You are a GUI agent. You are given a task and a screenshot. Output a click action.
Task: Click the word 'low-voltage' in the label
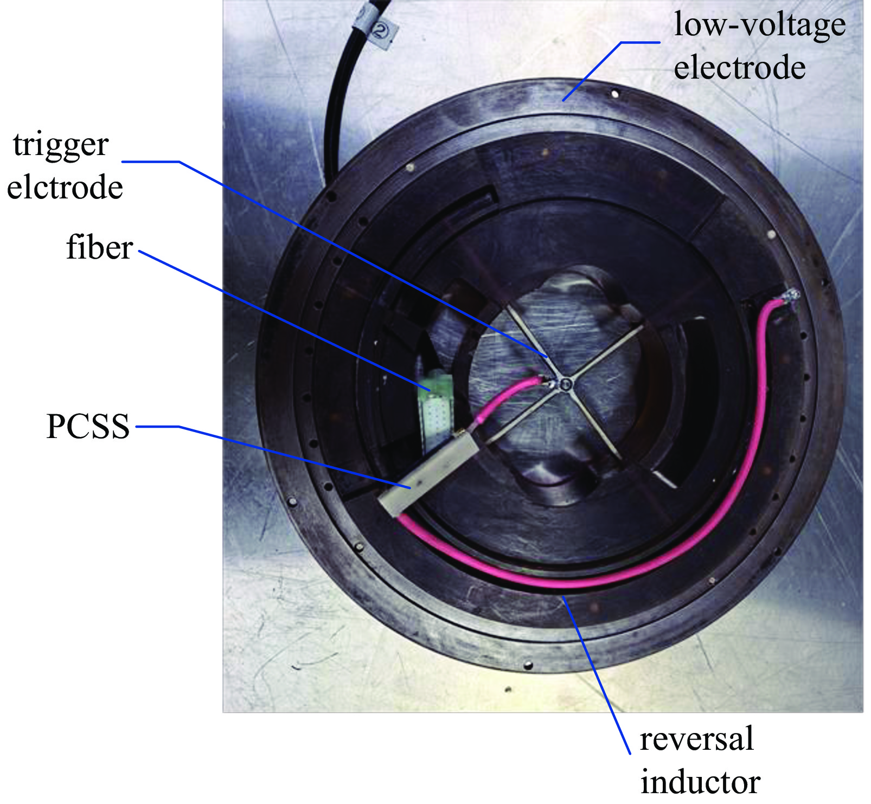tap(759, 25)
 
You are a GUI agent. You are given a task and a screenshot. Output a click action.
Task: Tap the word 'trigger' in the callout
tap(61, 145)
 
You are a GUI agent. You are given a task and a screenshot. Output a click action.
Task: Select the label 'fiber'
tap(99, 248)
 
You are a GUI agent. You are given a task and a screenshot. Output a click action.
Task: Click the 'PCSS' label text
tap(88, 426)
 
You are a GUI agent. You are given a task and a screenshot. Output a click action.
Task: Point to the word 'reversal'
tap(696, 739)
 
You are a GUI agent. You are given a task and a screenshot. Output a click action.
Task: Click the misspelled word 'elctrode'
tap(65, 188)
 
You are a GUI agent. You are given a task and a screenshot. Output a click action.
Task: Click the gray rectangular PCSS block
tap(428, 477)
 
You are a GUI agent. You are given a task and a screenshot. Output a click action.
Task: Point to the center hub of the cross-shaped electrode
tap(566, 384)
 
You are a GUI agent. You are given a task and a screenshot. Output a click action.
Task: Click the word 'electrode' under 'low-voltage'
tap(739, 69)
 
